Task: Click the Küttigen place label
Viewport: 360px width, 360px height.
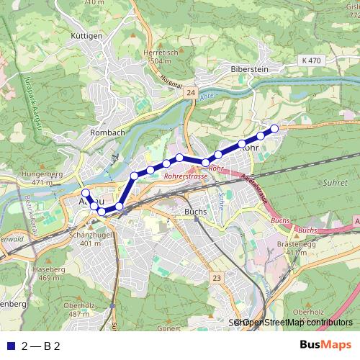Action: pyautogui.click(x=87, y=35)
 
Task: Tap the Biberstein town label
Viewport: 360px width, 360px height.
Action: pyautogui.click(x=249, y=69)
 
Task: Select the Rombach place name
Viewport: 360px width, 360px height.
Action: pyautogui.click(x=107, y=132)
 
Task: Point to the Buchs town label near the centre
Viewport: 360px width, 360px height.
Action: pyautogui.click(x=195, y=212)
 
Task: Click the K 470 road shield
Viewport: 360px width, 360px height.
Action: pyautogui.click(x=312, y=61)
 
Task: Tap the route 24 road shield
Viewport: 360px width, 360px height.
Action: pyautogui.click(x=190, y=93)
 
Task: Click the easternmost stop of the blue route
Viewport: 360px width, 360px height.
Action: pyautogui.click(x=274, y=128)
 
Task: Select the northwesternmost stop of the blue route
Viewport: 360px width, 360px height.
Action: pyautogui.click(x=85, y=193)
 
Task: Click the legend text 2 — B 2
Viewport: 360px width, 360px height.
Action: pyautogui.click(x=41, y=346)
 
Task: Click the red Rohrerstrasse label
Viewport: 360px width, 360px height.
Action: pyautogui.click(x=186, y=175)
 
